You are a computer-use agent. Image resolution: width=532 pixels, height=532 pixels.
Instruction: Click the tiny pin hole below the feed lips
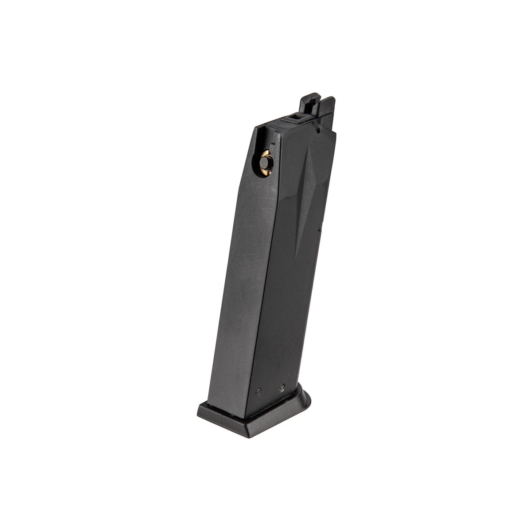point(318,132)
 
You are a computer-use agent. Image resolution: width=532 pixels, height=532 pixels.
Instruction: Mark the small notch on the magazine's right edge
point(320,231)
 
